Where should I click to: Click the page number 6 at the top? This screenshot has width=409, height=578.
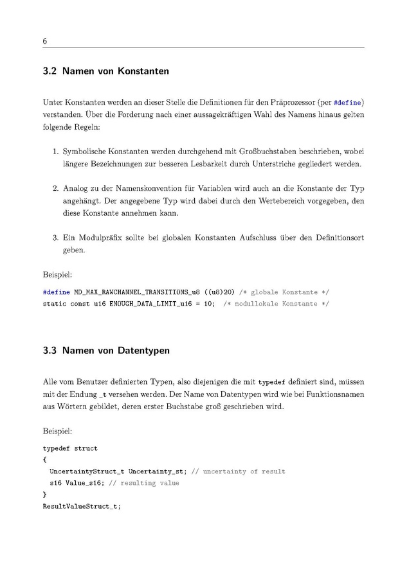[x=45, y=41]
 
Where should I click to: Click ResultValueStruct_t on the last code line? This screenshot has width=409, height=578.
[x=81, y=506]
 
